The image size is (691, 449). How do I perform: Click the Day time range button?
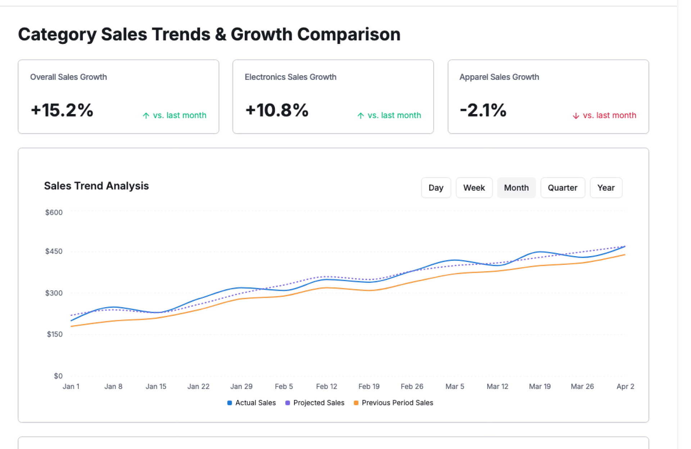click(435, 188)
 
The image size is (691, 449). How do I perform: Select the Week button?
click(474, 188)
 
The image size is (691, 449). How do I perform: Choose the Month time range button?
click(516, 188)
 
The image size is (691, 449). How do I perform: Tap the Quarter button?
click(562, 188)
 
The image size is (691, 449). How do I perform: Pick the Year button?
click(606, 188)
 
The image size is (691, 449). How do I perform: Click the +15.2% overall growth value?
click(62, 110)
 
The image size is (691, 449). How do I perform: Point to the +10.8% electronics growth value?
click(277, 110)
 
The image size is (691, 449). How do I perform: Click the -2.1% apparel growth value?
click(483, 110)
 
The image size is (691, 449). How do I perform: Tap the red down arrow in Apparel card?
click(576, 116)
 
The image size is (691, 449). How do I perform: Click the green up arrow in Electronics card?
click(361, 116)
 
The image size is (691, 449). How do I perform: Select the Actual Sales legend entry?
click(252, 403)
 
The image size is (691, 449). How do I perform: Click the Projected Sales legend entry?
click(315, 403)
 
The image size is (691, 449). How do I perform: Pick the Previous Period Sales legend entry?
click(394, 403)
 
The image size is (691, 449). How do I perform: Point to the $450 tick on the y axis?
click(54, 251)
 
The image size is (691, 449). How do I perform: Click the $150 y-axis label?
click(55, 334)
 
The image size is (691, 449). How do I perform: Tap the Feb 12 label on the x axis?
click(326, 386)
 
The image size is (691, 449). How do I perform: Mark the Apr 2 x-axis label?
click(625, 386)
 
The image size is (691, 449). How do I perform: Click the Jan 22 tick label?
click(198, 386)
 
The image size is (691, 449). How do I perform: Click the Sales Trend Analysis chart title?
click(96, 186)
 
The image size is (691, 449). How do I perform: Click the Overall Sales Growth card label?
click(68, 77)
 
